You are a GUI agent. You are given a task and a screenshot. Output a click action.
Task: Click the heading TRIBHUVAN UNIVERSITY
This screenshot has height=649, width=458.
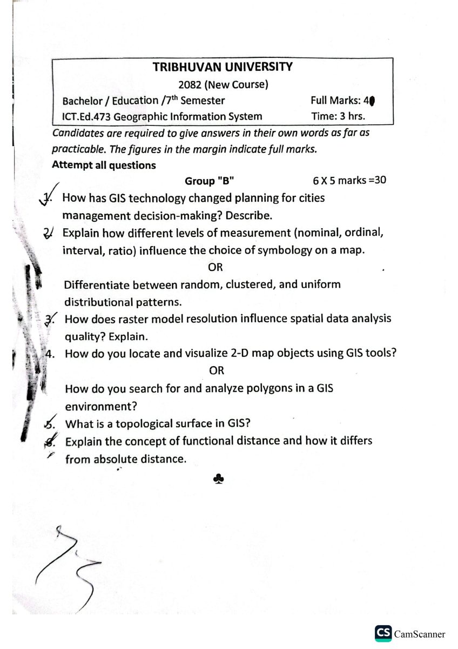[x=223, y=67]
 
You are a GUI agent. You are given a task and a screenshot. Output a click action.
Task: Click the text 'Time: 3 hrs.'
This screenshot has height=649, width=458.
[x=338, y=116]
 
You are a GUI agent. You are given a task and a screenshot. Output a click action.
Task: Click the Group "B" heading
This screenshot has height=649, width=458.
[x=209, y=181]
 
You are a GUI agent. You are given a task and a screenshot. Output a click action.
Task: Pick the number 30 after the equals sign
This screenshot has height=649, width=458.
[x=380, y=180]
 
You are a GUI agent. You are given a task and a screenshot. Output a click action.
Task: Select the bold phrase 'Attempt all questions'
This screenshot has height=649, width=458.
[x=104, y=165]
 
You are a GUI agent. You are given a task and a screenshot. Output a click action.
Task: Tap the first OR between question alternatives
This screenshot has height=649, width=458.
[x=215, y=267]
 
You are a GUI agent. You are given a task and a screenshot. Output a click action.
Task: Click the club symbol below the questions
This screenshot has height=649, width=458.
[x=216, y=479]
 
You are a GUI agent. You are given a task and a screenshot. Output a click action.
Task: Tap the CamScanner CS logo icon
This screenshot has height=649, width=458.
[x=383, y=634]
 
